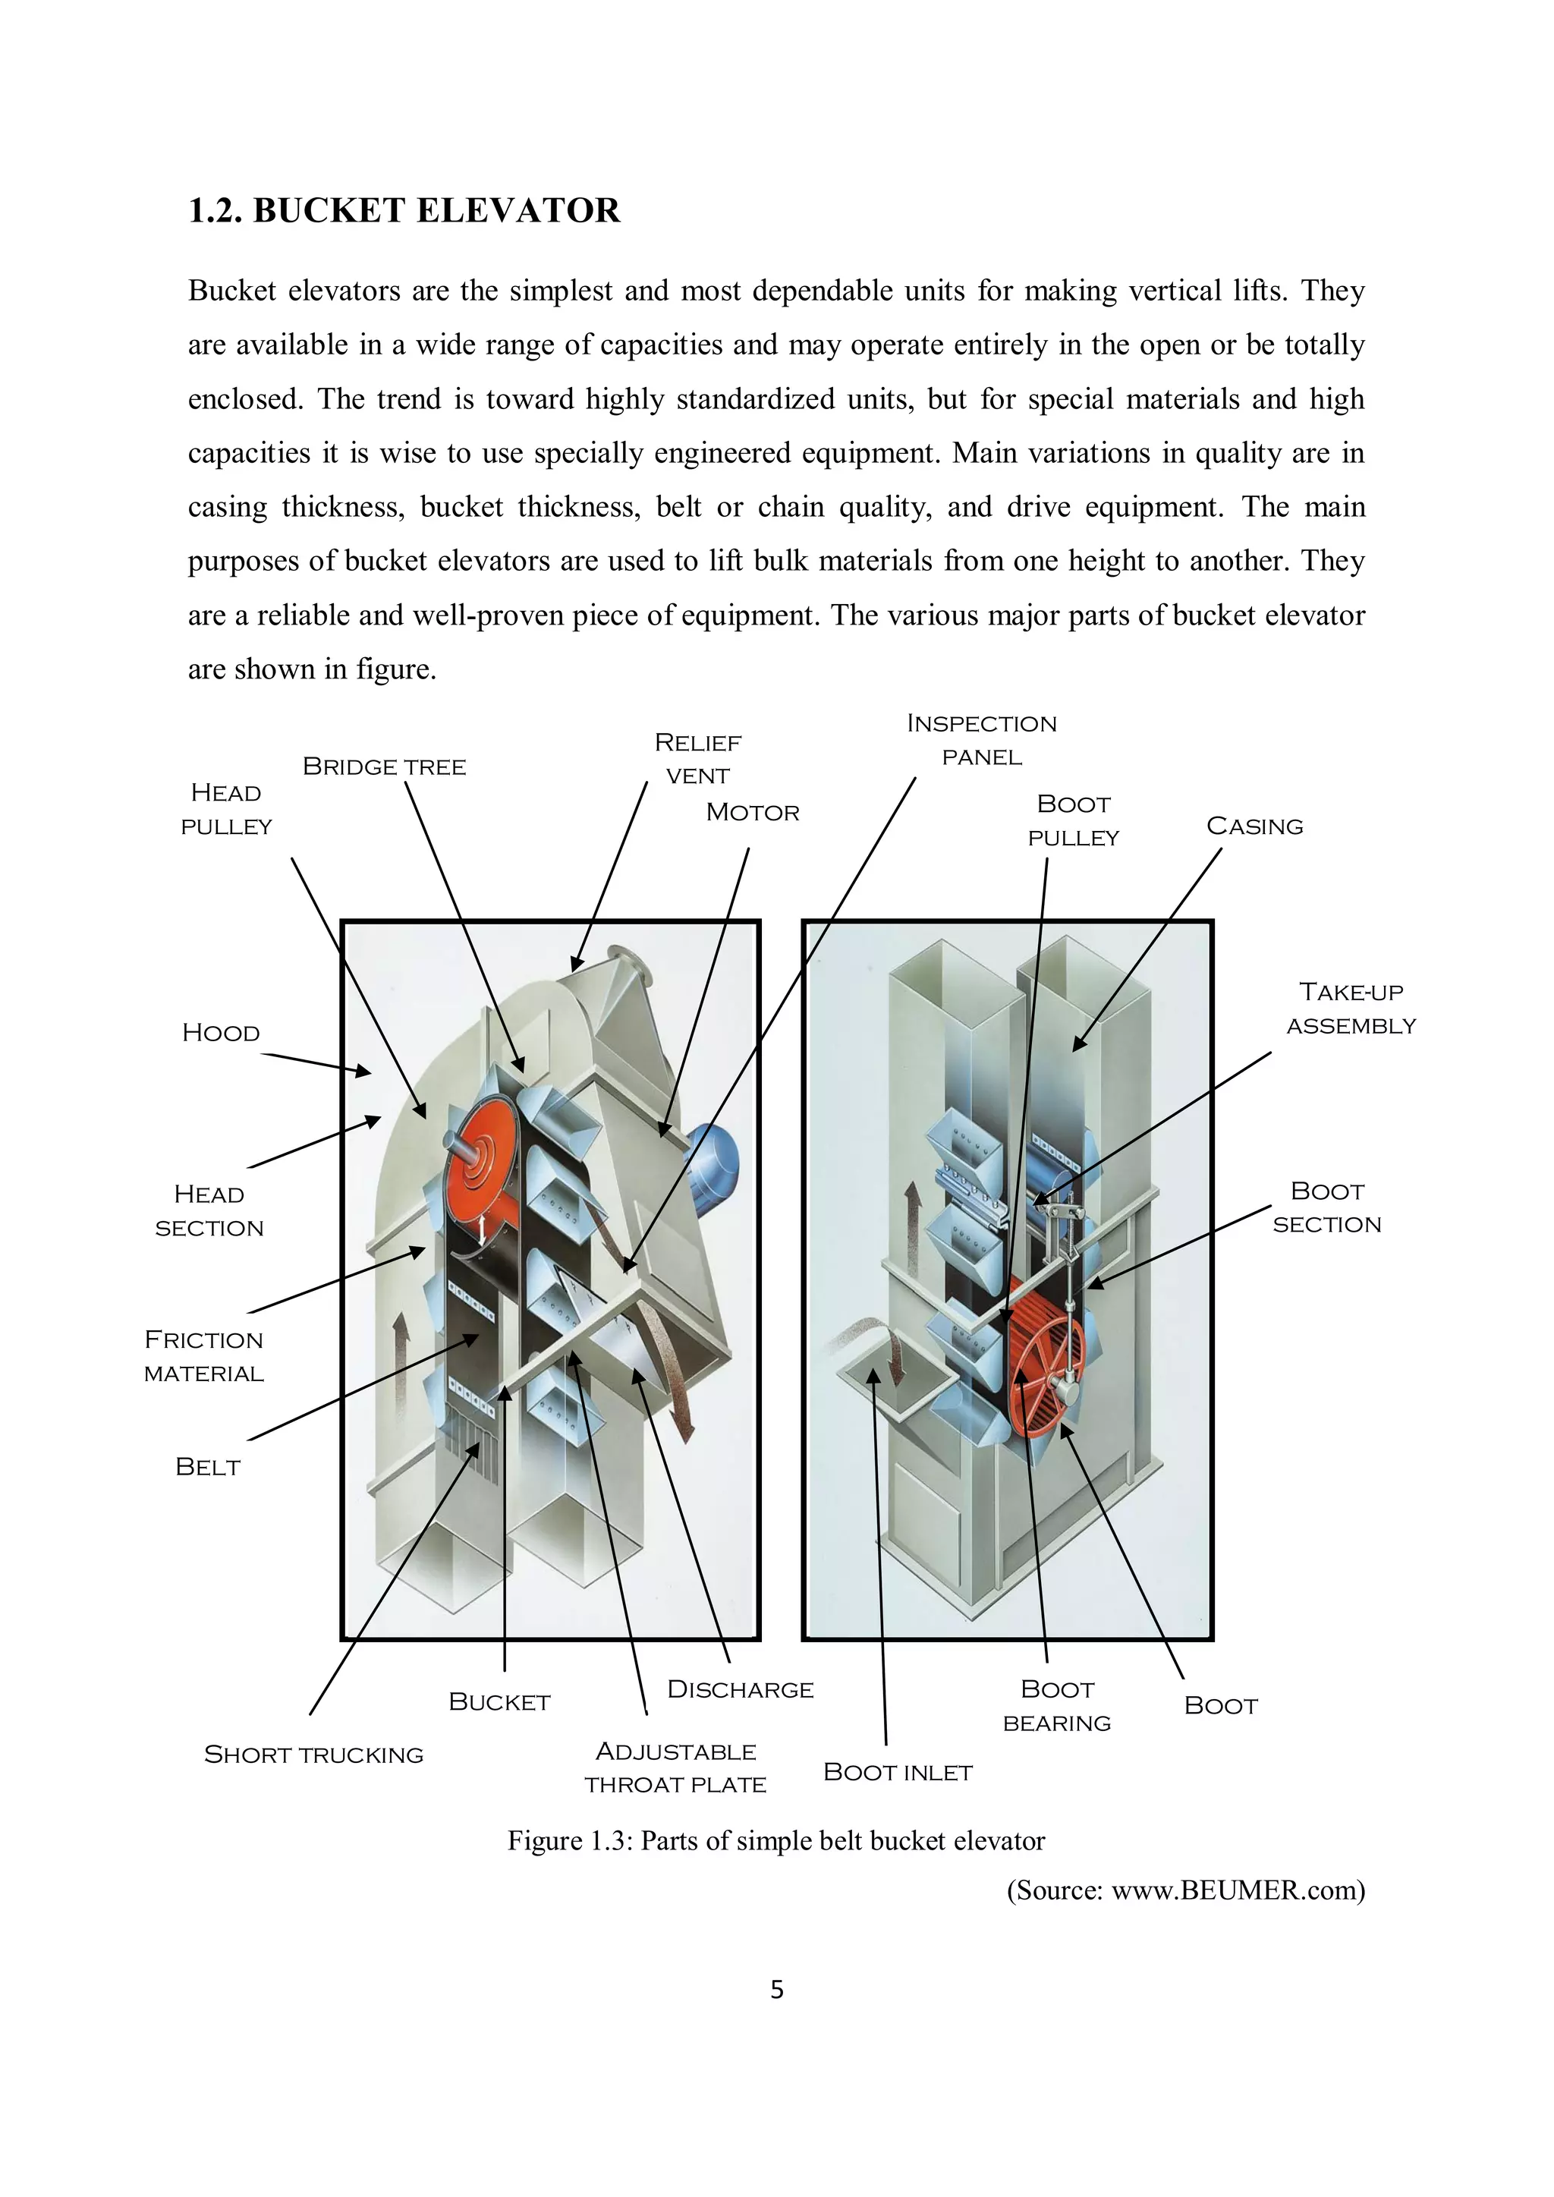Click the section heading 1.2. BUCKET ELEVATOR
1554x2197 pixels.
[404, 210]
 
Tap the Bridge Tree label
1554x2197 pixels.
[384, 766]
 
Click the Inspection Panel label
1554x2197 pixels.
[982, 740]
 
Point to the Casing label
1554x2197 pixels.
[1254, 826]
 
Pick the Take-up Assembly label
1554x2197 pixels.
[1350, 1009]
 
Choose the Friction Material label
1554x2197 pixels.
[204, 1356]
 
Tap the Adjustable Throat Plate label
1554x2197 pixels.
[675, 1767]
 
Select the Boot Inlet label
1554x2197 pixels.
[897, 1772]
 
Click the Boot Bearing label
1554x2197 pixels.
[1056, 1706]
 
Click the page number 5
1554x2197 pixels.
[776, 1991]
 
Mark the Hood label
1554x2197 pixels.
[221, 1032]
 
